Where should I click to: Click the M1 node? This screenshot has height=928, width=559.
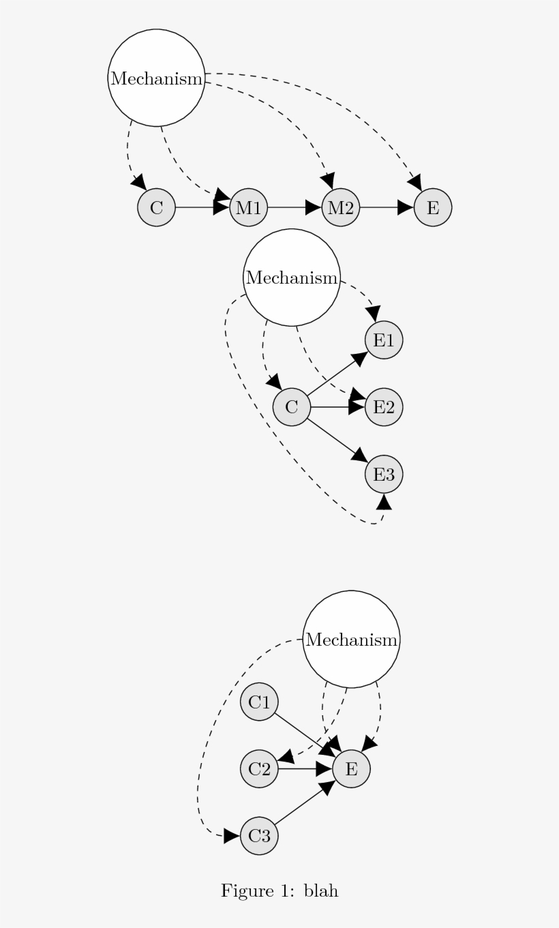tap(249, 207)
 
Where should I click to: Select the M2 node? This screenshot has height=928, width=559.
tap(341, 207)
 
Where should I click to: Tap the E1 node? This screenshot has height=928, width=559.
tap(384, 340)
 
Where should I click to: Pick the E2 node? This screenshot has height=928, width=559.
tap(384, 407)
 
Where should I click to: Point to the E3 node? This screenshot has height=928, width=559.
tap(384, 475)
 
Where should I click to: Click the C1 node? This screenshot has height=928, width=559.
tap(259, 702)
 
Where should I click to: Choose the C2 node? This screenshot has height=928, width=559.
tap(259, 769)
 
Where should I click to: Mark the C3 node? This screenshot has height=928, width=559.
tap(259, 836)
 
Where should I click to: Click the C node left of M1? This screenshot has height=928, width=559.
tap(157, 207)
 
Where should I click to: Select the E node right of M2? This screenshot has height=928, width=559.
tap(433, 207)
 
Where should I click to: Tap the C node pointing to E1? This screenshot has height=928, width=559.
tap(292, 407)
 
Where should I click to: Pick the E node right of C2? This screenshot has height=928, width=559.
tap(351, 769)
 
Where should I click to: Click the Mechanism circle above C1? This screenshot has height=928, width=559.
tap(351, 640)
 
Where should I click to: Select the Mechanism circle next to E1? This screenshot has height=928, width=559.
tap(292, 278)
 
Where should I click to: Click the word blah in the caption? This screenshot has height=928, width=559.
tap(321, 890)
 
